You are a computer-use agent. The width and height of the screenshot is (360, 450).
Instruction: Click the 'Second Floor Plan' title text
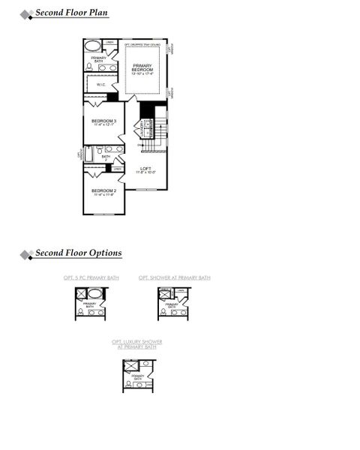coord(71,13)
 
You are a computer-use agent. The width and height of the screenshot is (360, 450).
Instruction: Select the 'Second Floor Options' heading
coord(78,253)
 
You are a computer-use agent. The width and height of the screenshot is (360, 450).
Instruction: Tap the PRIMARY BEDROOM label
coord(142,67)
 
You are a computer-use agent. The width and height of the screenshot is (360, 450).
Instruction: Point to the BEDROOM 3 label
coord(103,122)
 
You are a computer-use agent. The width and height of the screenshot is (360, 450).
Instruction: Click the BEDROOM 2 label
coord(103,192)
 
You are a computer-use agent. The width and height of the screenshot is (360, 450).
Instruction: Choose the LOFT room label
coord(146,170)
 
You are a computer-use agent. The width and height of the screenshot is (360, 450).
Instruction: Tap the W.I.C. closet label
coord(101,85)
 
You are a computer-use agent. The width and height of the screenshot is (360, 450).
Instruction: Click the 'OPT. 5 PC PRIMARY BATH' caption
coord(91,278)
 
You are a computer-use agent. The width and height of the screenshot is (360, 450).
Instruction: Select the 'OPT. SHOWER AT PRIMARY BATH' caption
coord(174,278)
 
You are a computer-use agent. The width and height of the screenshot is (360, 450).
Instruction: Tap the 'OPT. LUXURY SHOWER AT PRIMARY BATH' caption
coord(136,344)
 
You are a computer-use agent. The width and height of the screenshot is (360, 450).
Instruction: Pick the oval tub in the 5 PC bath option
coord(94,293)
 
